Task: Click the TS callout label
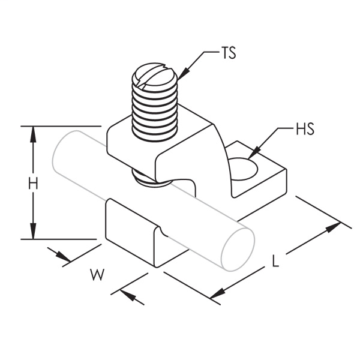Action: click(228, 53)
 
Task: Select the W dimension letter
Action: click(95, 275)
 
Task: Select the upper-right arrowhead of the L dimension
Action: click(332, 229)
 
